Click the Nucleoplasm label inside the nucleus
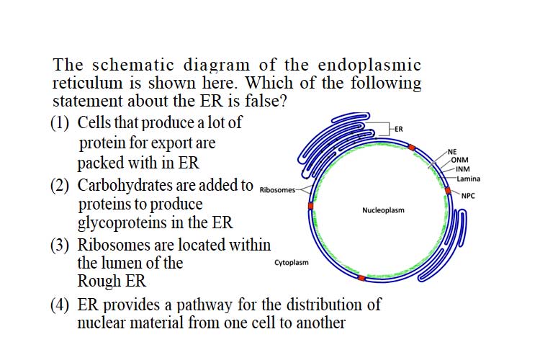click(x=383, y=210)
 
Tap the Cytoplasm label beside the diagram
click(x=292, y=263)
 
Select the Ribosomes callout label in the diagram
click(x=277, y=190)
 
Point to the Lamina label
click(x=469, y=179)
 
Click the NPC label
click(x=468, y=196)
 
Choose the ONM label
click(x=459, y=160)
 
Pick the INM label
click(x=462, y=169)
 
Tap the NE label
click(x=452, y=152)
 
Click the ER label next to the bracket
click(x=398, y=129)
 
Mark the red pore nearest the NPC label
click(x=448, y=191)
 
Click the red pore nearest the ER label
click(x=412, y=148)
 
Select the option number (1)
click(x=60, y=123)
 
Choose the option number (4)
click(x=60, y=305)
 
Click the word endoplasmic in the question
click(x=369, y=66)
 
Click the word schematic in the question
click(x=133, y=65)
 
